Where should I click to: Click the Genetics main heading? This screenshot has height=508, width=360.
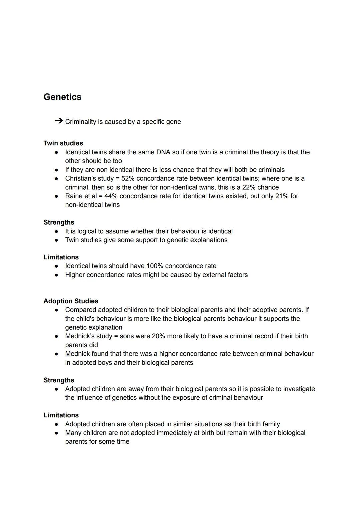coord(62,97)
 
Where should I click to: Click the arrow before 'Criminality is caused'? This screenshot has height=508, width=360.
coord(59,121)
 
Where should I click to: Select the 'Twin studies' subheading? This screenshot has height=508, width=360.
coord(63,143)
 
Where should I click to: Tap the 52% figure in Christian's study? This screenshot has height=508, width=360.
coord(128,178)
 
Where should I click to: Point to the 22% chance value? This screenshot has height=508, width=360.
coord(249,187)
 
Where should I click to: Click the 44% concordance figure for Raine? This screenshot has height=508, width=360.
coord(111,196)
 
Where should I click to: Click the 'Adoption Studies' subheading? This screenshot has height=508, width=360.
coord(71,301)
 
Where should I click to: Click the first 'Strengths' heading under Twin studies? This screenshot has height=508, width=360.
coord(59,222)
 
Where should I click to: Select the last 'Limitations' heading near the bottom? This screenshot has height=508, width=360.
coord(61,415)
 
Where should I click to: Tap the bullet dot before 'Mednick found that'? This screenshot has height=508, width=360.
coord(57,354)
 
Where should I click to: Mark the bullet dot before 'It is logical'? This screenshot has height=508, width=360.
coord(57,231)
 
